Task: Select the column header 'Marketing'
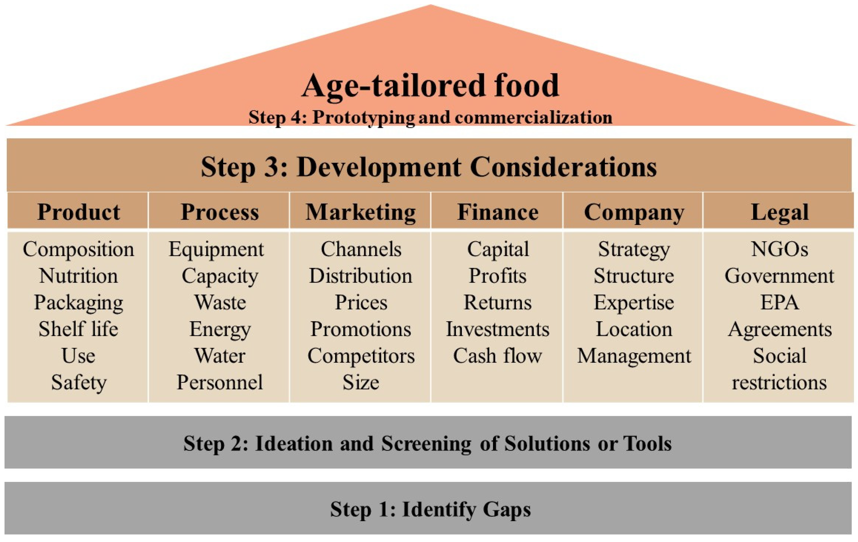pyautogui.click(x=360, y=213)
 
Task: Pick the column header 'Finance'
pyautogui.click(x=498, y=213)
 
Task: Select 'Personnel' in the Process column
pyautogui.click(x=220, y=382)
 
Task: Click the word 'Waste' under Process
pyautogui.click(x=220, y=303)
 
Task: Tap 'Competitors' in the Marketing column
pyautogui.click(x=361, y=356)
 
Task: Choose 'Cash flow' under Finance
pyautogui.click(x=498, y=356)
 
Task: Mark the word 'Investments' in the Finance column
pyautogui.click(x=498, y=329)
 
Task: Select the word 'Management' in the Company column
pyautogui.click(x=634, y=356)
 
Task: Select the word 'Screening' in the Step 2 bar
pyautogui.click(x=427, y=444)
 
